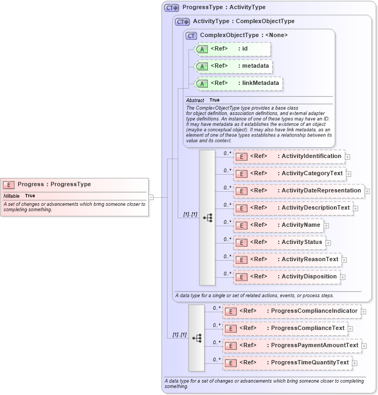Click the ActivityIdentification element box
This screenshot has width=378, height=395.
(289, 156)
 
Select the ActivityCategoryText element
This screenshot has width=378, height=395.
(289, 174)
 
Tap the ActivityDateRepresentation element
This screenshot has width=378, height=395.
(298, 191)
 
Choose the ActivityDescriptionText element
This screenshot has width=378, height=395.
(293, 208)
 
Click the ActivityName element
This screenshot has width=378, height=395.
(278, 225)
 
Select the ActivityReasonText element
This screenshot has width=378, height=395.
(287, 260)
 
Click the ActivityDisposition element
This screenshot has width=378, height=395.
(286, 277)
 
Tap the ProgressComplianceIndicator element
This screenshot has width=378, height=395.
(292, 311)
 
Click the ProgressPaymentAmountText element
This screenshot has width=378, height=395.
(292, 346)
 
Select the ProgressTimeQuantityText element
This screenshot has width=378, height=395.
(287, 363)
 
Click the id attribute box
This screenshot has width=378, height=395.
(232, 49)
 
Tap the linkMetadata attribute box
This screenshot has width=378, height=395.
(238, 83)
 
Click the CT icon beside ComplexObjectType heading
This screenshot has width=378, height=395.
(192, 35)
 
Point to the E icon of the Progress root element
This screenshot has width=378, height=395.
(9, 185)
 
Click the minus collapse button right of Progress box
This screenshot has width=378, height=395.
(151, 197)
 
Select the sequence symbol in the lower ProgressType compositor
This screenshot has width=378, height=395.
(197, 337)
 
